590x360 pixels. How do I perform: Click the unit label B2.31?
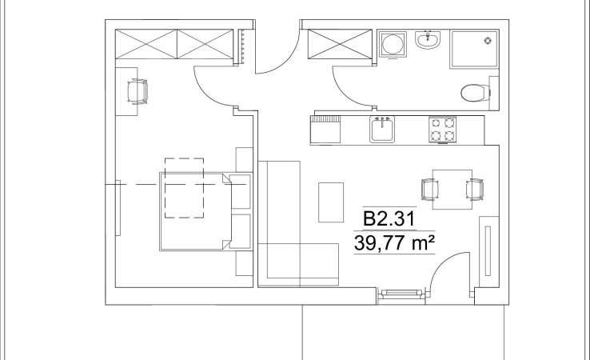click(x=389, y=218)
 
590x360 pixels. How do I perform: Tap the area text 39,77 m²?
click(x=394, y=243)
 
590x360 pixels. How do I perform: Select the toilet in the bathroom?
click(x=476, y=93)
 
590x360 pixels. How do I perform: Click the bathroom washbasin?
click(x=428, y=39)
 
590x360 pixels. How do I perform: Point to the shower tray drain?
click(x=488, y=40)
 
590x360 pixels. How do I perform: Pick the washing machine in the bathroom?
click(x=393, y=45)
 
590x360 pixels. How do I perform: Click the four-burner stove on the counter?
click(x=443, y=130)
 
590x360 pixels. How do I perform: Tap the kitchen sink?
click(x=382, y=130)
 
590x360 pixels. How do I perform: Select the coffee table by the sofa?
click(x=331, y=202)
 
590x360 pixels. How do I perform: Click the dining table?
click(x=452, y=190)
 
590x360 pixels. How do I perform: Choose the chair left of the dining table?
click(x=429, y=190)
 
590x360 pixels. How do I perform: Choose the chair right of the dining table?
click(x=475, y=190)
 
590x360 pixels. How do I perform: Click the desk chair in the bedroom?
click(x=138, y=91)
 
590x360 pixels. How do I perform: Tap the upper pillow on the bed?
click(x=240, y=191)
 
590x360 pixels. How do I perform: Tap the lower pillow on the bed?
click(x=240, y=231)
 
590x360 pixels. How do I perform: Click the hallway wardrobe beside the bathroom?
click(x=340, y=44)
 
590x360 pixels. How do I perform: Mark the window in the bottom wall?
click(x=401, y=294)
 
